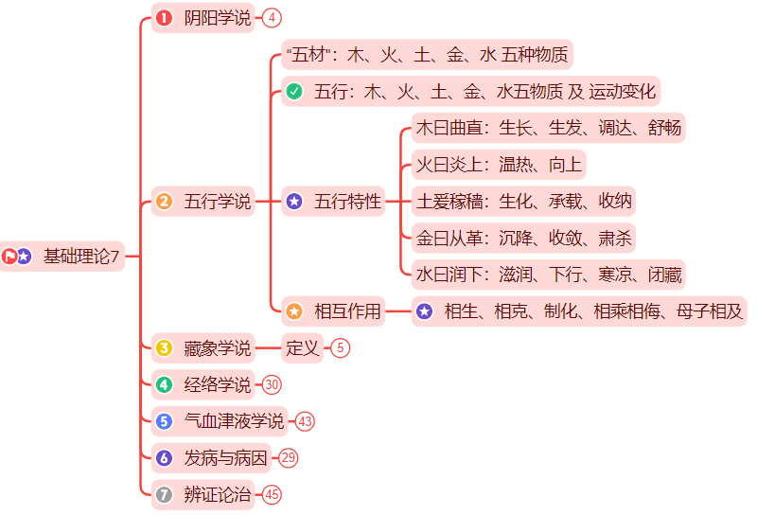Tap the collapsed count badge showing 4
273,17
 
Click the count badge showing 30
273,384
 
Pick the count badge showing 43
305,420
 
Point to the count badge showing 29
289,457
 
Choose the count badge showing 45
273,493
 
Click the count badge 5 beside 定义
341,347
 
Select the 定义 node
303,347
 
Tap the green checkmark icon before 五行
294,92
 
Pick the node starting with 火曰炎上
499,165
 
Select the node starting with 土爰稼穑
523,201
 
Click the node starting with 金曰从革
523,238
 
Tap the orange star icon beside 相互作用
294,311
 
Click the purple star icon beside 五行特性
294,201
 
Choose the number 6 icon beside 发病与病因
164,457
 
